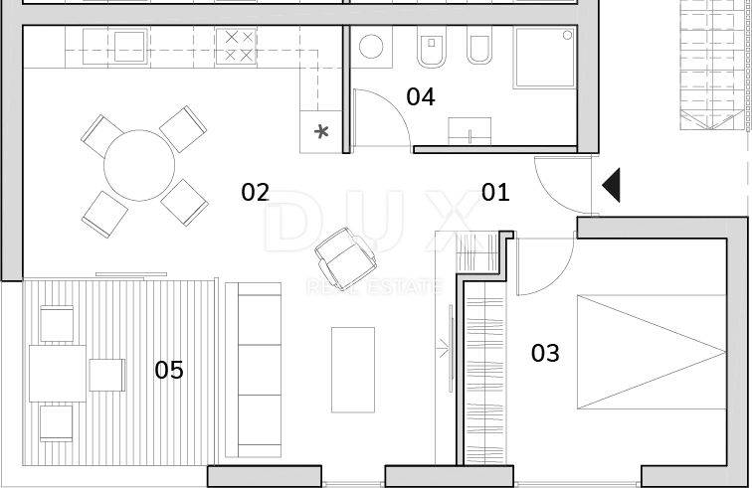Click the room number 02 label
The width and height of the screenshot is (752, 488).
tap(255, 192)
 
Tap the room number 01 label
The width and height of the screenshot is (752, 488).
tap(495, 192)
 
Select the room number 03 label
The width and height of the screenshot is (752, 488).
tap(545, 353)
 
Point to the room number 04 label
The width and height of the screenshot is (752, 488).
tap(421, 96)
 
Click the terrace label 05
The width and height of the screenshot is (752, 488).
tap(169, 370)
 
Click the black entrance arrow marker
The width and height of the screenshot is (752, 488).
tap(611, 185)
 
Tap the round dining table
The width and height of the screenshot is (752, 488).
tap(139, 165)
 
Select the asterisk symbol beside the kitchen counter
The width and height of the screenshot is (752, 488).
tap(322, 131)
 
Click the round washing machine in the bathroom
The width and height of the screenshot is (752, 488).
tap(371, 47)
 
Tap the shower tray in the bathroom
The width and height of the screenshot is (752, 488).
tap(544, 58)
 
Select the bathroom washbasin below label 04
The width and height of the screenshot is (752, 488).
tap(470, 131)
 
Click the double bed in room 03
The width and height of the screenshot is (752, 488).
tap(652, 352)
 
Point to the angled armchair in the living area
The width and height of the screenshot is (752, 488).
tap(345, 257)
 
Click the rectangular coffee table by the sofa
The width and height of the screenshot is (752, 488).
tap(353, 370)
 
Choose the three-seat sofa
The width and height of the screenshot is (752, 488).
tap(254, 370)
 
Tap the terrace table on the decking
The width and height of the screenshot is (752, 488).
tap(58, 374)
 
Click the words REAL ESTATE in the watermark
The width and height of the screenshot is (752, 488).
tap(374, 286)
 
